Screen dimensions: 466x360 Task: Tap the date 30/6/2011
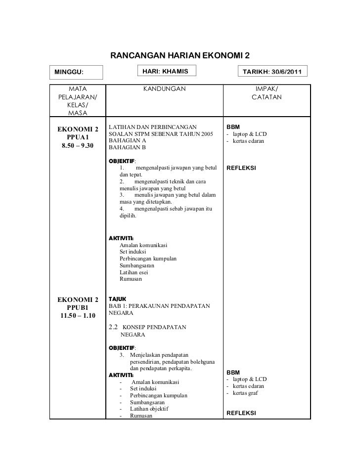pos(287,73)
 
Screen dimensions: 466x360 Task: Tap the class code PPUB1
pos(77,308)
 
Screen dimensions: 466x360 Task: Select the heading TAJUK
pos(117,299)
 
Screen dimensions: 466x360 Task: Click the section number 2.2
pos(114,327)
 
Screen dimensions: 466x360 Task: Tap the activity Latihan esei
pos(134,272)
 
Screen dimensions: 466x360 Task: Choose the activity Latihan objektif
pos(149,409)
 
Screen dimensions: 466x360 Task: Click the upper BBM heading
pos(233,127)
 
